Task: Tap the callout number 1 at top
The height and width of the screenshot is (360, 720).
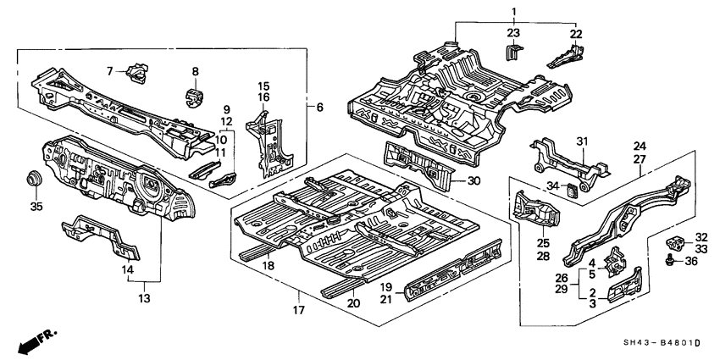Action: click(513, 10)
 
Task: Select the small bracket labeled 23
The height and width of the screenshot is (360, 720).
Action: click(512, 53)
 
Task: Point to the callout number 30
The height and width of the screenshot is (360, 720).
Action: click(474, 180)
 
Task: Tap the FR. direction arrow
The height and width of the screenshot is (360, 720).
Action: click(33, 341)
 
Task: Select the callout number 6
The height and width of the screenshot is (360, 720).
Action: click(319, 108)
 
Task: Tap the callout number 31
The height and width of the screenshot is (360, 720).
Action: click(582, 141)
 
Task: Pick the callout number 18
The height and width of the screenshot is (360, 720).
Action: click(269, 266)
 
